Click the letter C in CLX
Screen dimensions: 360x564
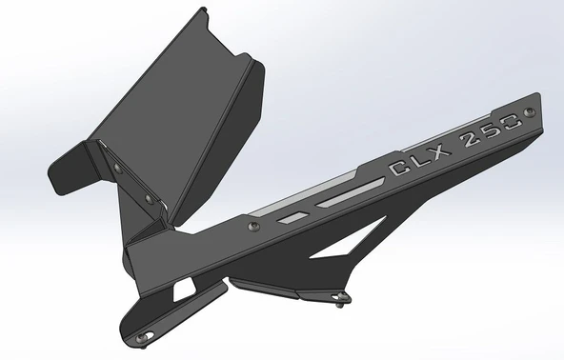pyautogui.click(x=400, y=170)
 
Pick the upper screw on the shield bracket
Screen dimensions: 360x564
pyautogui.click(x=116, y=168)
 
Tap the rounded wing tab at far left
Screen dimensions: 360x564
pyautogui.click(x=65, y=171)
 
